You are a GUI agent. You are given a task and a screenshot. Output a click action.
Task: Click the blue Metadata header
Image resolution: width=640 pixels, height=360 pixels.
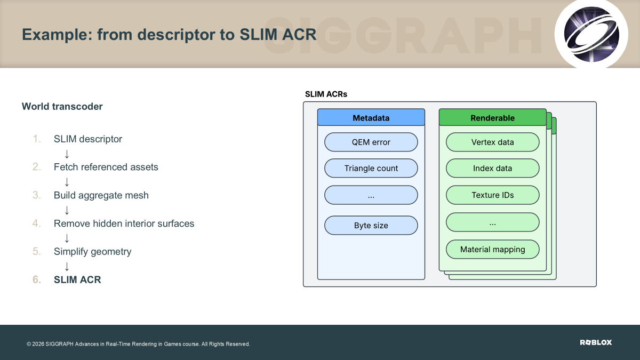(371, 117)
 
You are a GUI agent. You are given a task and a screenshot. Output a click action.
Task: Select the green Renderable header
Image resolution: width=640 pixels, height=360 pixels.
(493, 117)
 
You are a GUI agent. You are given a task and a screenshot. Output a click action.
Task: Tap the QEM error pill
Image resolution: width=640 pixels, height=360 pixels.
(371, 142)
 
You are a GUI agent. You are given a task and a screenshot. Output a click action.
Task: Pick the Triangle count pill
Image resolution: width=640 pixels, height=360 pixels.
(371, 169)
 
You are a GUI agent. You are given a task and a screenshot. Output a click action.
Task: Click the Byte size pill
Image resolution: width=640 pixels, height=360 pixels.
(371, 226)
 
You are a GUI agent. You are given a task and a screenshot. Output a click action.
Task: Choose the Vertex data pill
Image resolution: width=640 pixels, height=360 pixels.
(493, 142)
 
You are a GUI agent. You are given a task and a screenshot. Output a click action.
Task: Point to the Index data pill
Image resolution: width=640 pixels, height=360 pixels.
(493, 169)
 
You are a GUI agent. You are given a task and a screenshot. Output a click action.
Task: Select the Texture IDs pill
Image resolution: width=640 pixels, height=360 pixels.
(493, 195)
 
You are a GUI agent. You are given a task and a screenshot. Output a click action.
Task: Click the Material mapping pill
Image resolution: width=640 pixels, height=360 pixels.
(493, 250)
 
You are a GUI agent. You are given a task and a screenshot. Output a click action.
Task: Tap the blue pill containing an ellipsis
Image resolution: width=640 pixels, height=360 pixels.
(371, 195)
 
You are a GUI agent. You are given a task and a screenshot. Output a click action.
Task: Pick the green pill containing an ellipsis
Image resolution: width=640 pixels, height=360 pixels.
(493, 222)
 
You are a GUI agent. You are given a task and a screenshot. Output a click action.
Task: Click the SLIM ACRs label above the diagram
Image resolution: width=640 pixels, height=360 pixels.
(326, 94)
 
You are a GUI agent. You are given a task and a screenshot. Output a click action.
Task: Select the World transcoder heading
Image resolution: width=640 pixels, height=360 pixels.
(62, 106)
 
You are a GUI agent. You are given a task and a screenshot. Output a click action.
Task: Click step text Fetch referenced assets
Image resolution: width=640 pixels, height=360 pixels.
(106, 167)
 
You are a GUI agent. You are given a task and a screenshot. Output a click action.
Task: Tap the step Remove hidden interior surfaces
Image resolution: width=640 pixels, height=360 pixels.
(124, 223)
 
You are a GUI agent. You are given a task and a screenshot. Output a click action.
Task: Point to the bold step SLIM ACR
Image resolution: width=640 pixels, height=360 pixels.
(77, 279)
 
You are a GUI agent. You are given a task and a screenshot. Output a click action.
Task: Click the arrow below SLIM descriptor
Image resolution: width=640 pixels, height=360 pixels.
(67, 154)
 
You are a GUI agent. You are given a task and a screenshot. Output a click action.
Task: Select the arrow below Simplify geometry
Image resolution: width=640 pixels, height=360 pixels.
(67, 267)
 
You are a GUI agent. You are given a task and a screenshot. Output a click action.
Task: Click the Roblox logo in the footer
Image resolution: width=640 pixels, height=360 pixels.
(596, 342)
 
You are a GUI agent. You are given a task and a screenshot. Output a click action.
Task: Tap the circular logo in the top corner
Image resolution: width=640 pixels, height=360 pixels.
(591, 34)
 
